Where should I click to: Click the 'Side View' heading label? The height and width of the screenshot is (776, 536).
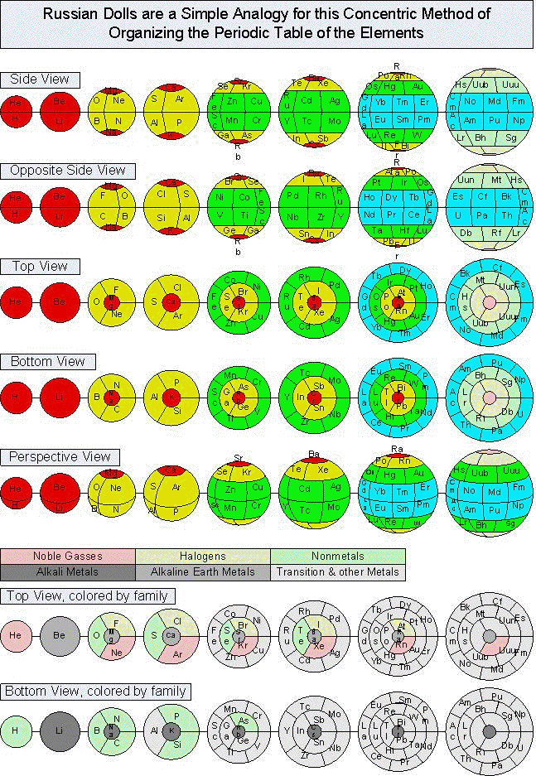pos(41,80)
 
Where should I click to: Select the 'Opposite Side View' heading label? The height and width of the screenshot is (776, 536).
pos(68,171)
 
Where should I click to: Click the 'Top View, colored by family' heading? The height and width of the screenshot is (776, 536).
pos(89,595)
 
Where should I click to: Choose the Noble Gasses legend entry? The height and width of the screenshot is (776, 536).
pos(67,557)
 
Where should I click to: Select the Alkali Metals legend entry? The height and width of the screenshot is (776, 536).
pos(67,571)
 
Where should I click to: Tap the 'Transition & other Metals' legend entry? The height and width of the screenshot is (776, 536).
pos(337,571)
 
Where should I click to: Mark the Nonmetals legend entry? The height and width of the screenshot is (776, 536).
pos(337,557)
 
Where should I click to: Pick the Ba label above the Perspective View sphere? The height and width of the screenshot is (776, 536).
pos(314,454)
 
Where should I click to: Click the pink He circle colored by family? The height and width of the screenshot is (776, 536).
pos(15,637)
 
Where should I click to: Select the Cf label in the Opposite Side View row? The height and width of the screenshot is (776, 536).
pos(483,198)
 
